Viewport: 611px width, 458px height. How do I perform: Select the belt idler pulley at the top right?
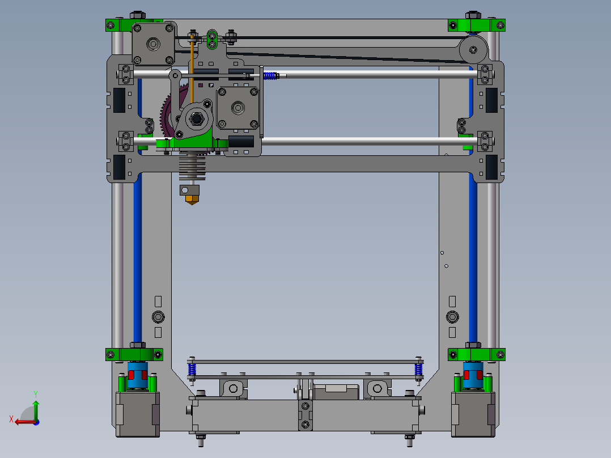tap(473, 49)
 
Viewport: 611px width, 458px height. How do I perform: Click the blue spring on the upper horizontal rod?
tap(270, 75)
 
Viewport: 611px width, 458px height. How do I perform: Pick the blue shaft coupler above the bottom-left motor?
tap(138, 375)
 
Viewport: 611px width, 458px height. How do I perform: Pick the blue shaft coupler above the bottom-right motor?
tap(473, 375)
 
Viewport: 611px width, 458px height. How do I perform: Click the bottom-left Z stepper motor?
tap(138, 414)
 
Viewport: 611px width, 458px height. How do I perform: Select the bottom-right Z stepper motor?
tap(473, 414)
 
